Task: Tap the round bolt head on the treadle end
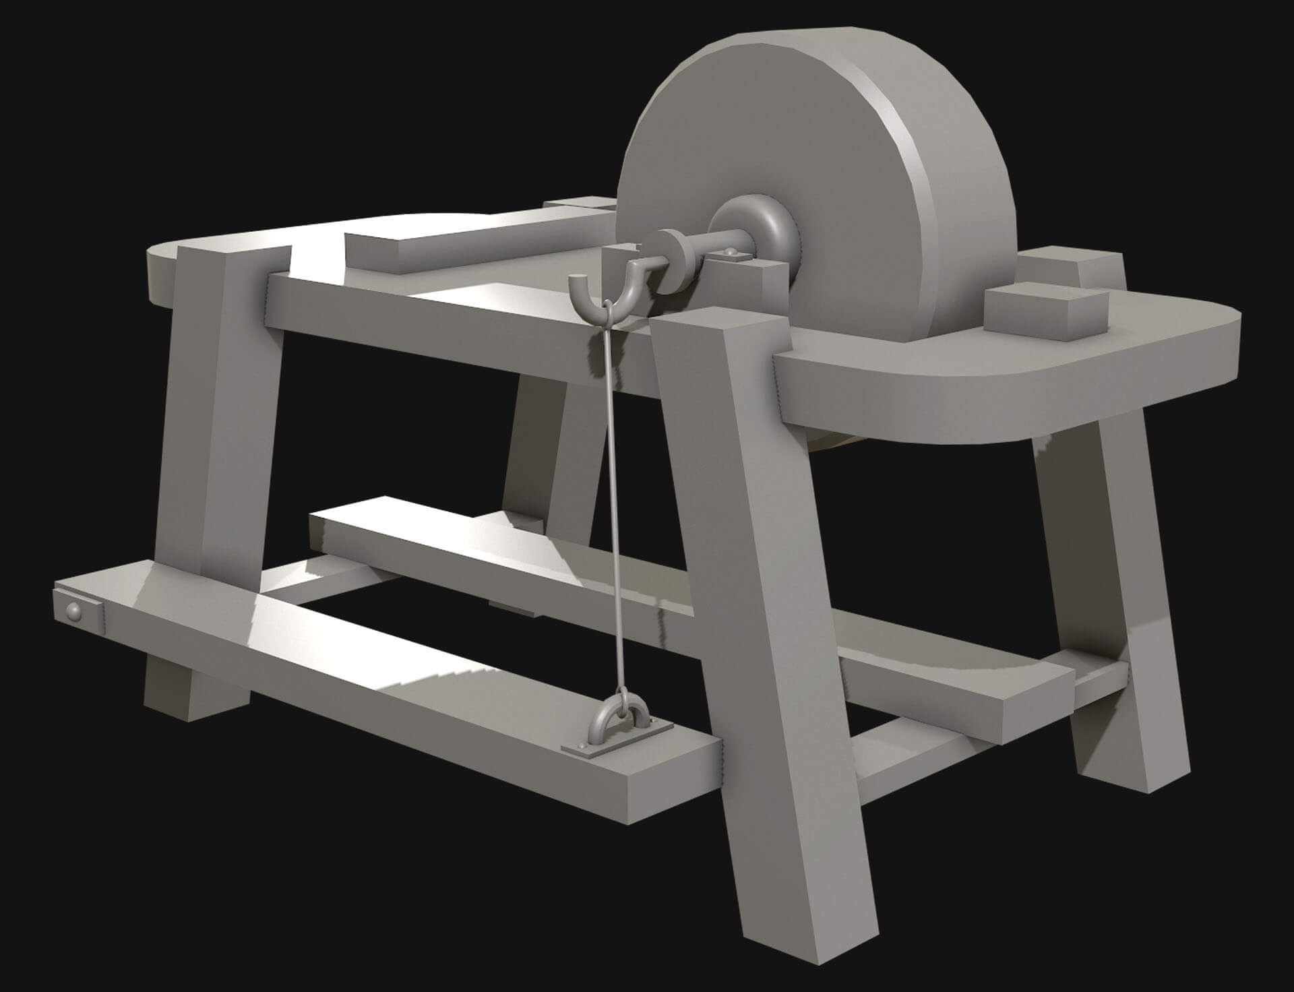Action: [73, 611]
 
